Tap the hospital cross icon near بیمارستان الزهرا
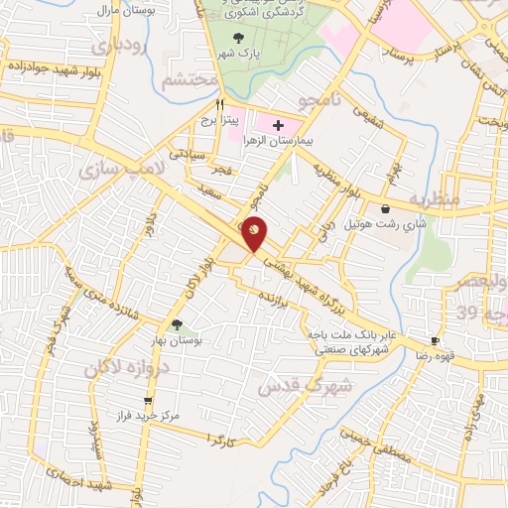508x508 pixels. pos(278,126)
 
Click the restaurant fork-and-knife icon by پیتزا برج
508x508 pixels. pos(222,103)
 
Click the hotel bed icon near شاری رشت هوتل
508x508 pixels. pos(385,209)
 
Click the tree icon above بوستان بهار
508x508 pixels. pos(177,324)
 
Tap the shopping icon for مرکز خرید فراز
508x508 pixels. pos(149,402)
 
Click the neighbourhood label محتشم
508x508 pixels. pos(188,82)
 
